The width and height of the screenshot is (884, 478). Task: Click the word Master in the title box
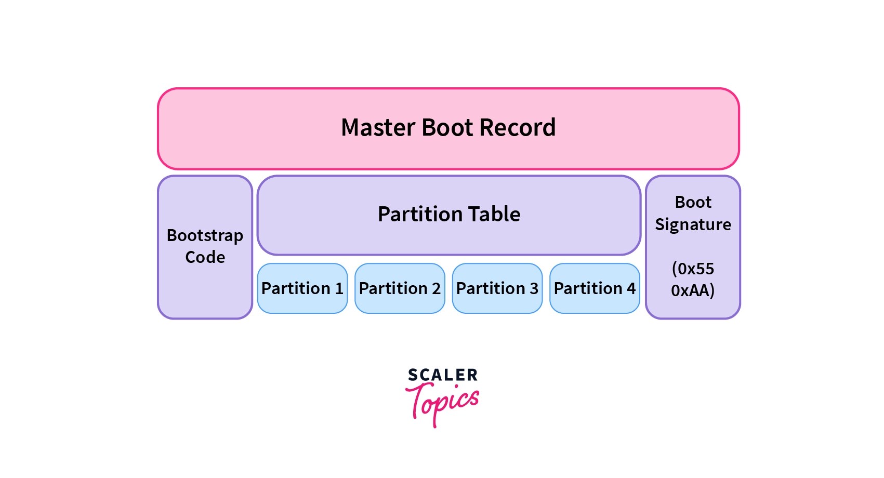(378, 128)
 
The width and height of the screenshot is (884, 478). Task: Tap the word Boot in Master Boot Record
(447, 128)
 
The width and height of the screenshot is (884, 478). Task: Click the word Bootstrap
(205, 236)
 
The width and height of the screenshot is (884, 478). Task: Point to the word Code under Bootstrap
(205, 257)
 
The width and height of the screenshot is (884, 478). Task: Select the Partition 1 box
(302, 288)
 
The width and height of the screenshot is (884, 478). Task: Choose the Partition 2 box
(400, 288)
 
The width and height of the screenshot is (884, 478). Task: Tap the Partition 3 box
(497, 288)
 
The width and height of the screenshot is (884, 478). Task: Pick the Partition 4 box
(595, 288)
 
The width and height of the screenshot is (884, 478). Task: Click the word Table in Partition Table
(494, 214)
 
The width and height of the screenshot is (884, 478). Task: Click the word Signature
(693, 224)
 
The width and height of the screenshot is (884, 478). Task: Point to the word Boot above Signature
(693, 202)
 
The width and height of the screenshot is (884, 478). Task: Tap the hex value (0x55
(693, 269)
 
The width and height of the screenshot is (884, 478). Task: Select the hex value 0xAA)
(693, 290)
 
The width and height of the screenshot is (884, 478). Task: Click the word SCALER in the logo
(442, 375)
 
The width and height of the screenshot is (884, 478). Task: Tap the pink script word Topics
(442, 403)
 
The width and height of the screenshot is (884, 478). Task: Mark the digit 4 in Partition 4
(631, 288)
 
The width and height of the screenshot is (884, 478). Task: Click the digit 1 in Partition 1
(339, 288)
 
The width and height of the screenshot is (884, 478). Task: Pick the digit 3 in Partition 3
(534, 288)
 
